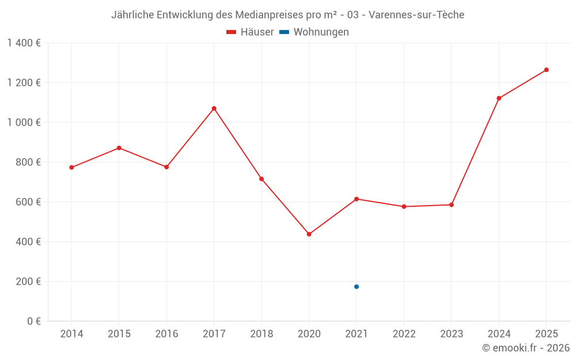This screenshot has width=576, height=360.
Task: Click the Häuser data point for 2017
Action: click(x=214, y=108)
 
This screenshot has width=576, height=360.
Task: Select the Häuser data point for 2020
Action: click(x=309, y=234)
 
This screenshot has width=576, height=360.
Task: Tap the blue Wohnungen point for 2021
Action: click(x=357, y=287)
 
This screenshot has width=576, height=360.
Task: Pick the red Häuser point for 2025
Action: click(x=547, y=70)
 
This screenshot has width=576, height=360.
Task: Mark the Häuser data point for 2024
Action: click(x=499, y=98)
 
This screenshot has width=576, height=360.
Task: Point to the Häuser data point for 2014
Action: click(x=71, y=168)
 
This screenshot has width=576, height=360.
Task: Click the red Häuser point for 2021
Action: click(x=357, y=199)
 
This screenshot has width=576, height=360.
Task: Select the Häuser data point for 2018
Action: click(x=262, y=179)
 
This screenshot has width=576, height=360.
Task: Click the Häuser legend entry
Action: click(x=250, y=32)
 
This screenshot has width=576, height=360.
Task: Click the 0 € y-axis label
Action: click(x=33, y=321)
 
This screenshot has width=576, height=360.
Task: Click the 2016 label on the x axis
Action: click(x=166, y=334)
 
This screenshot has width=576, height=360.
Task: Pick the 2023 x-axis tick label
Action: click(x=452, y=334)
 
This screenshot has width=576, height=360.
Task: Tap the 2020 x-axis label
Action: click(x=309, y=334)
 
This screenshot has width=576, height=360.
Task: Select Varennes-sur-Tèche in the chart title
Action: click(x=416, y=15)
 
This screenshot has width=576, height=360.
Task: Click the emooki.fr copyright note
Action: click(x=526, y=348)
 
